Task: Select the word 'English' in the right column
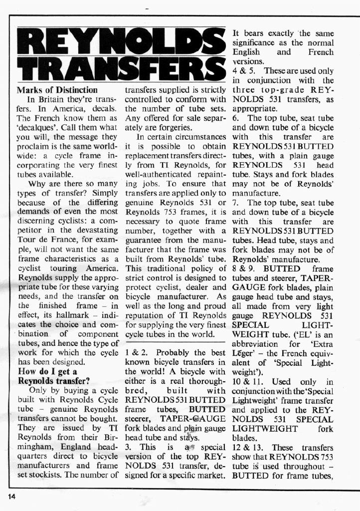[246, 52]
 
